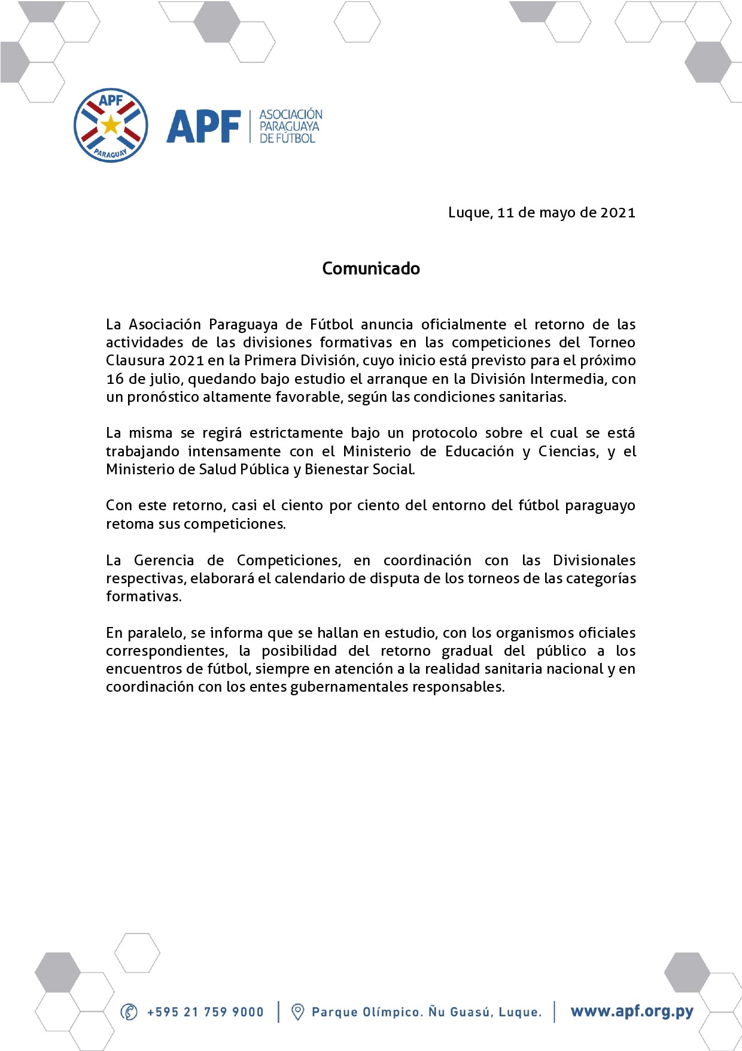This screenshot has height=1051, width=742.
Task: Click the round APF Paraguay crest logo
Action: click(x=111, y=126)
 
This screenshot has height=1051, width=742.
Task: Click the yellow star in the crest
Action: click(x=111, y=125)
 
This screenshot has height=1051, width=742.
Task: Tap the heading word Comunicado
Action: click(x=371, y=268)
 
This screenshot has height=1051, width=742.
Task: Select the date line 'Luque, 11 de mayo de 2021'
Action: click(x=542, y=213)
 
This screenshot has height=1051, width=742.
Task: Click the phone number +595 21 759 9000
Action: click(x=205, y=1012)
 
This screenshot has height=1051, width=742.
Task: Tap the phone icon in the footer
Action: click(x=129, y=1012)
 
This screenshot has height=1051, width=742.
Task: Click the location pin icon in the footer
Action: click(x=297, y=1012)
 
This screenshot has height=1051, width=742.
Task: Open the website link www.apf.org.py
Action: click(x=632, y=1011)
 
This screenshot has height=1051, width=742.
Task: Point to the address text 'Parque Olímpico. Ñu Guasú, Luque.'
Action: click(x=427, y=1012)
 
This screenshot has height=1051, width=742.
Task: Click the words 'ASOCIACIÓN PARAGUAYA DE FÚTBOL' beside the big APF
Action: click(x=291, y=126)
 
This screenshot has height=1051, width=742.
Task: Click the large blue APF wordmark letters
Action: click(x=203, y=127)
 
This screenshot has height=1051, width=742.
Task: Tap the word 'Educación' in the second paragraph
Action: click(x=479, y=452)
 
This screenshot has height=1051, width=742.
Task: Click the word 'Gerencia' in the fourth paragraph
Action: click(x=164, y=561)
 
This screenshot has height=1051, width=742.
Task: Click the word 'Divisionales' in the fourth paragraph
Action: click(x=594, y=561)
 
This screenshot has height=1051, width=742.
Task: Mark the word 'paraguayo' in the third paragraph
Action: click(x=600, y=505)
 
